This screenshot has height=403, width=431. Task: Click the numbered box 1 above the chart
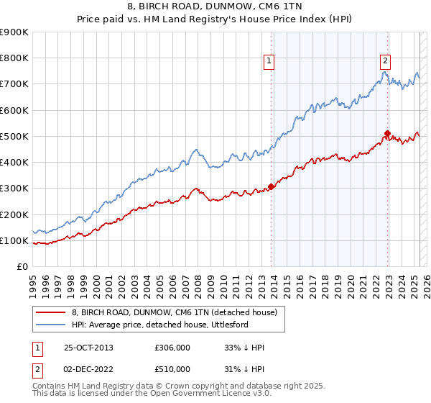click(x=269, y=61)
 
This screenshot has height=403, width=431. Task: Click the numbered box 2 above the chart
click(x=385, y=61)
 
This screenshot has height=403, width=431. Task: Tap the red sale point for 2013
click(x=271, y=186)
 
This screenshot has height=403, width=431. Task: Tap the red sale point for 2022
click(x=387, y=133)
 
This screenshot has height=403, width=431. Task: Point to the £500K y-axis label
click(x=14, y=136)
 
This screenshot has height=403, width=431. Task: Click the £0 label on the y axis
click(x=22, y=267)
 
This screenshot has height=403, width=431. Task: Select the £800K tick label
click(x=14, y=58)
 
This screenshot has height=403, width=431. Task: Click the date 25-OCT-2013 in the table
click(x=88, y=348)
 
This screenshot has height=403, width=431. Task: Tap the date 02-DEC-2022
click(x=88, y=369)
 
